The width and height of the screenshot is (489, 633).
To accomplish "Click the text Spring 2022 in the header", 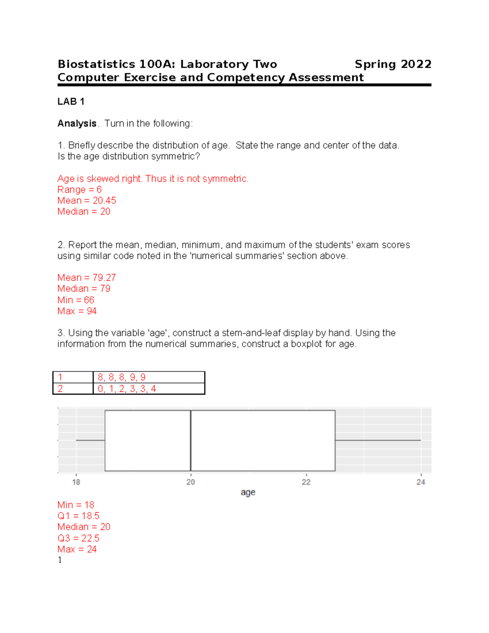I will pos(392,64).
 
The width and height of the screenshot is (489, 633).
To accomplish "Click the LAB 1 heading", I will pos(71,101).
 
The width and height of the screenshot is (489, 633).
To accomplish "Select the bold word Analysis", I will pos(77,124).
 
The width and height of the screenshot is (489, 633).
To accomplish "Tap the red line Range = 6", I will pos(79,190).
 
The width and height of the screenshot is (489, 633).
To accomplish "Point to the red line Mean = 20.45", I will pos(87,201).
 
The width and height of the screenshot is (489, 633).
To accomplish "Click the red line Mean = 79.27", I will pos(87,278).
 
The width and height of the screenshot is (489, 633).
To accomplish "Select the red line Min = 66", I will pos(76,300).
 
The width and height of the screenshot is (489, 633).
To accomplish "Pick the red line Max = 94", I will pos(77,311).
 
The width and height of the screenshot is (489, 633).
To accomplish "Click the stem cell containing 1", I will pos(73,377).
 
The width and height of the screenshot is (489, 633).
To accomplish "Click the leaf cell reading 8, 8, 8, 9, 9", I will pos(149,377).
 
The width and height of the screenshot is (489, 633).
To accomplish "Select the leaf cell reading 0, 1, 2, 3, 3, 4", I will pos(149,388).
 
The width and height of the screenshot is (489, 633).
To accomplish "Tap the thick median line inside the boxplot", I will pos(191,440).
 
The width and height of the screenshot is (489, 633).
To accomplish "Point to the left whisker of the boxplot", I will pos(90,440).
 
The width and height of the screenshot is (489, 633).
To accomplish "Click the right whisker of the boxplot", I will pos(378,440).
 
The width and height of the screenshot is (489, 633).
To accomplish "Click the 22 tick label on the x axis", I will pos(306,482).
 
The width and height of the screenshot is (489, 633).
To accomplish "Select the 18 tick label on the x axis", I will pos(76,482).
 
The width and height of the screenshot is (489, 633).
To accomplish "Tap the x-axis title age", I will pos(248,492).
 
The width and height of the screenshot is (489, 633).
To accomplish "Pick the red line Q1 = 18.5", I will pos(78,516).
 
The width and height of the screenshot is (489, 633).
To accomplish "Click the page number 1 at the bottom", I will pos(60,560).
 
